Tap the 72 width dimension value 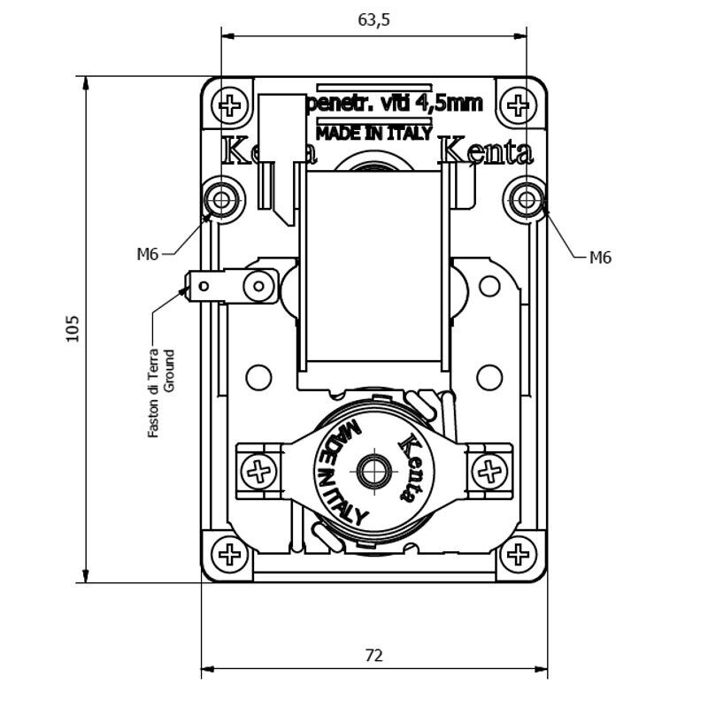374,656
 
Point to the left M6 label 147,255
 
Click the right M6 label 600,258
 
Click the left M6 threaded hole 220,200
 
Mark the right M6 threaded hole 527,200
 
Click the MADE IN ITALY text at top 373,134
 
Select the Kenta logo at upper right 487,152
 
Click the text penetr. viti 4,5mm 392,104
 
